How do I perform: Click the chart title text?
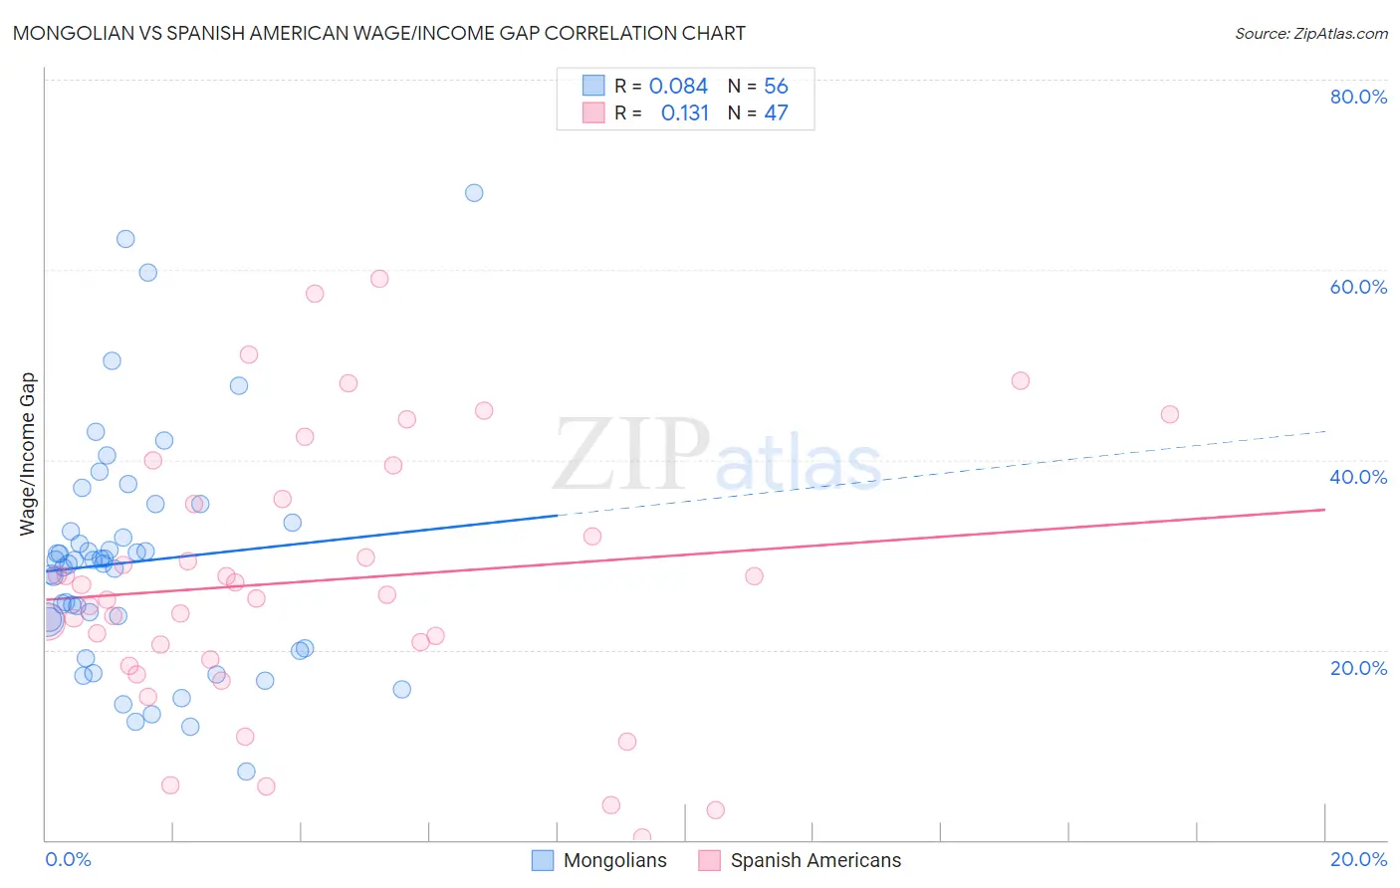click(x=378, y=33)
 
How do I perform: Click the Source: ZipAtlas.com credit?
click(x=1310, y=34)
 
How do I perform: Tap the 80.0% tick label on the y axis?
click(x=1358, y=97)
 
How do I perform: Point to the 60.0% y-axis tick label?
click(x=1358, y=287)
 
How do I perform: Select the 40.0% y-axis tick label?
click(x=1358, y=477)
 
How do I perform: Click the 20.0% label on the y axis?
click(x=1358, y=668)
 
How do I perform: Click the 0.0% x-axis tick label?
click(x=68, y=859)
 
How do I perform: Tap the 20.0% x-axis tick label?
click(x=1358, y=859)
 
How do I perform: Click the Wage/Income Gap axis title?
click(x=28, y=454)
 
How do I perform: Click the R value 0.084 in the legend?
click(x=678, y=87)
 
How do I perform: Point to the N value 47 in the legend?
click(x=776, y=113)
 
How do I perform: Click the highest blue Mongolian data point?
click(x=474, y=193)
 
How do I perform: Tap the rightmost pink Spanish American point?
click(x=1170, y=414)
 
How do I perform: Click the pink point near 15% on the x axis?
click(x=1020, y=380)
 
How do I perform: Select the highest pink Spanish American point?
click(x=379, y=279)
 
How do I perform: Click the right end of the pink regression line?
click(x=1322, y=510)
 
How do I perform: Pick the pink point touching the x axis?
click(x=642, y=837)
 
